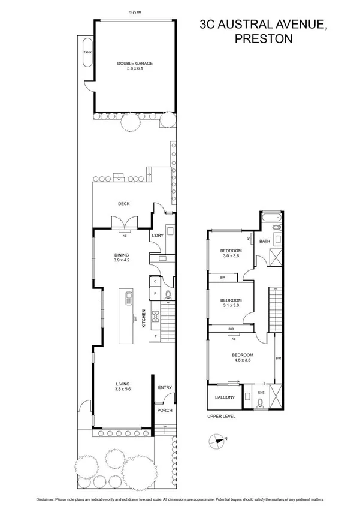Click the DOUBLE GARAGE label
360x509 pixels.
click(135, 63)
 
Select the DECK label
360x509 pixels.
click(123, 204)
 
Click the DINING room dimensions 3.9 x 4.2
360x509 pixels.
click(122, 260)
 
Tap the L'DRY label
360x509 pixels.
click(158, 236)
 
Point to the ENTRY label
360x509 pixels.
click(165, 388)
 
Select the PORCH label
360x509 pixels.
click(165, 411)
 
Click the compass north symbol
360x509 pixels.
click(215, 441)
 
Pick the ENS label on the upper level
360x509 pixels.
click(261, 393)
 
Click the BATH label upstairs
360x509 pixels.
click(265, 241)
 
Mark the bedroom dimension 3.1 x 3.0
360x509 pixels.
click(230, 306)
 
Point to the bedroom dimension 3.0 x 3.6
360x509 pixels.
click(230, 256)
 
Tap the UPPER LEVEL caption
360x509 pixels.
click(221, 416)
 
